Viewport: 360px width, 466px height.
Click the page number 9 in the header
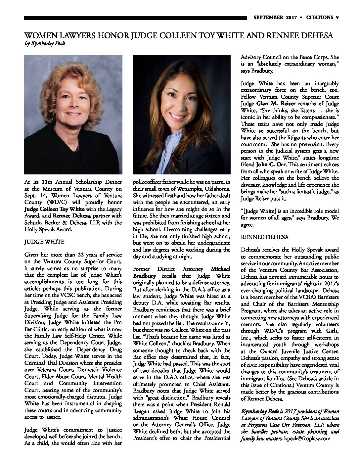(x=337, y=18)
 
